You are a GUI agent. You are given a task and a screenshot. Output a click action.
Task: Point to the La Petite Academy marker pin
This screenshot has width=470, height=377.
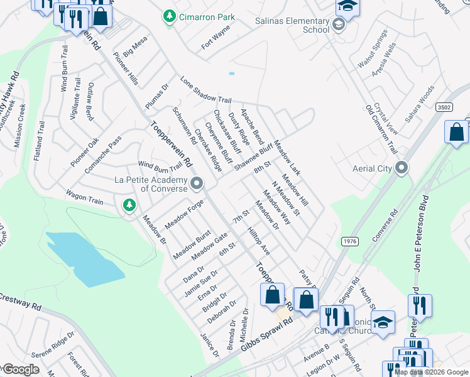[x=197, y=184]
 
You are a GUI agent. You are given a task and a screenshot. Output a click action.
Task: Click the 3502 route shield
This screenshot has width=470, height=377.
[x=444, y=107]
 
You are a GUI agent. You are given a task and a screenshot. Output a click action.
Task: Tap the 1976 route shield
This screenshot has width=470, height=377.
[x=350, y=241]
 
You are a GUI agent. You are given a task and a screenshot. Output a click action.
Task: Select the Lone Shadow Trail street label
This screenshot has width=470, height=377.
[x=205, y=90]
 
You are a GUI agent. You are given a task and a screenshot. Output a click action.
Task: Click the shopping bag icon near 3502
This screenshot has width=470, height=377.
[x=456, y=132]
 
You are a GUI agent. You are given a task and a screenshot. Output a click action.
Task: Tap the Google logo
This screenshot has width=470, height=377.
[x=20, y=369]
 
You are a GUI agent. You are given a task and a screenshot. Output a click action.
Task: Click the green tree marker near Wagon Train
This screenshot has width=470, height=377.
[x=129, y=205]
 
